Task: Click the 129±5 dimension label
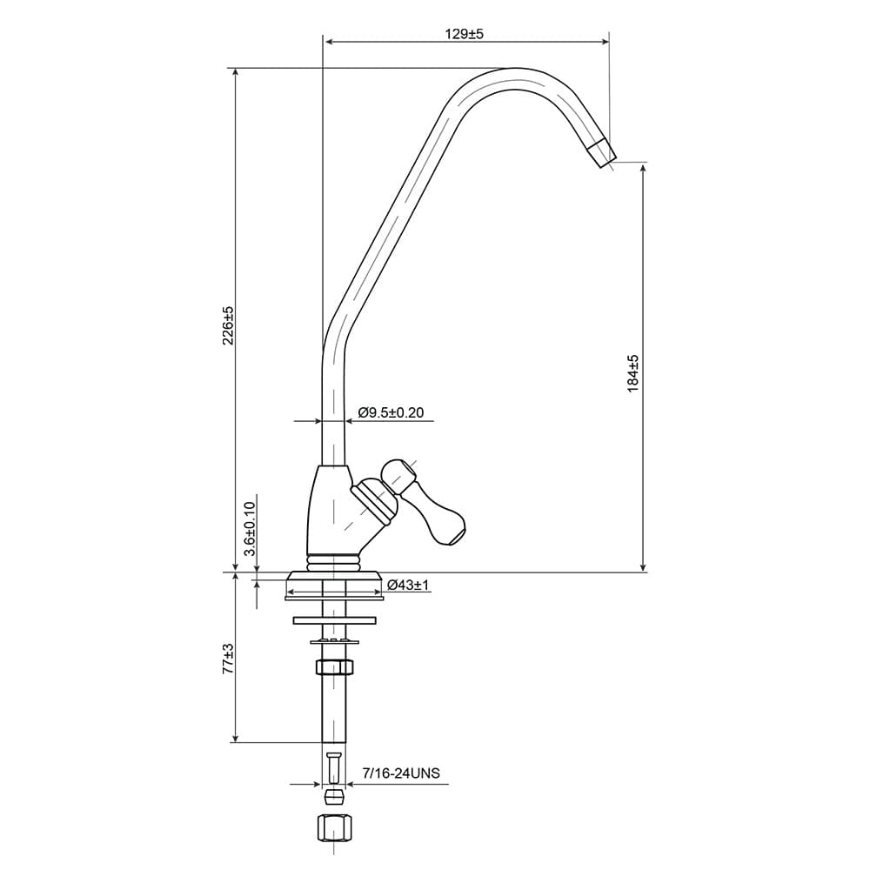[464, 34]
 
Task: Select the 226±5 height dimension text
[229, 325]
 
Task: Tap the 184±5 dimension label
[633, 373]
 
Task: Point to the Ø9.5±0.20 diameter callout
[391, 412]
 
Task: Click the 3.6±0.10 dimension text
[250, 528]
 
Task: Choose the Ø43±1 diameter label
[408, 585]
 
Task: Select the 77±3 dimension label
[228, 659]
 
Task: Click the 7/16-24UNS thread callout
[400, 773]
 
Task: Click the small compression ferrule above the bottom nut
[334, 797]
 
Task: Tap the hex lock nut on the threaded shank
[334, 666]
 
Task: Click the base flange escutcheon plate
[333, 585]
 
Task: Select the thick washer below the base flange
[335, 619]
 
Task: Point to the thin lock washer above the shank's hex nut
[335, 641]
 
